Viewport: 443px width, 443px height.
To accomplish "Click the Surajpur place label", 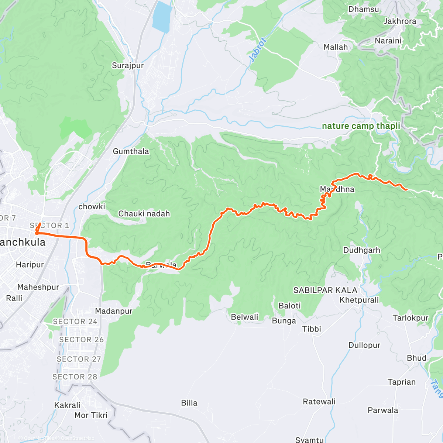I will (128, 66).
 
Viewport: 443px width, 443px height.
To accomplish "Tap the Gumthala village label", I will (131, 151).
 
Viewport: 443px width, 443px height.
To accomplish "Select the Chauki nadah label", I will (144, 214).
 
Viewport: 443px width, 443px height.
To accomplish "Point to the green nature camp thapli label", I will (361, 126).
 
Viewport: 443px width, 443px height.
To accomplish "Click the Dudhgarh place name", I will (361, 250).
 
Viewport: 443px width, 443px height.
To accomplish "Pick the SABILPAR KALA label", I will (325, 290).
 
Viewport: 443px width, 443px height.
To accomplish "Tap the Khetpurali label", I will (359, 300).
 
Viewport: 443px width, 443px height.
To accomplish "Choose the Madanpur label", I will (114, 311).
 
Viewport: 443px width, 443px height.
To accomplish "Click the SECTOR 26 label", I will (82, 340).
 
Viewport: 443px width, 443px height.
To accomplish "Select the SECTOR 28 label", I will (75, 377).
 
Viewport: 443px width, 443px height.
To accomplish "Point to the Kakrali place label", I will (67, 405).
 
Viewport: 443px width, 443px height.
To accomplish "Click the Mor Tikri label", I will (91, 415).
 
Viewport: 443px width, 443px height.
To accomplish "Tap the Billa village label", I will (189, 403).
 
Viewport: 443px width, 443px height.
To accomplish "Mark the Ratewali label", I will (319, 402).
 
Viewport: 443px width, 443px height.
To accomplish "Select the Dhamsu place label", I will (364, 9).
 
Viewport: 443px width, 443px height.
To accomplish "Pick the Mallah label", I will (336, 47).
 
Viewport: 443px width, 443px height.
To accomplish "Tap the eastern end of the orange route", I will (406, 189).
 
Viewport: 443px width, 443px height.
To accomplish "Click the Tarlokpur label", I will (411, 318).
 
